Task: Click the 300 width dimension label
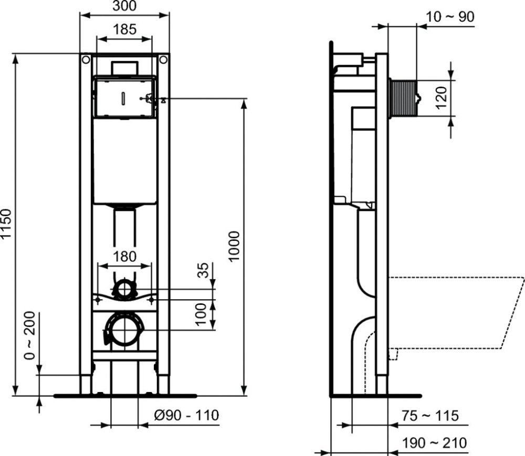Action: pyautogui.click(x=124, y=6)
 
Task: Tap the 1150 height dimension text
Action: pyautogui.click(x=6, y=225)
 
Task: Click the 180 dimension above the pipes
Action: pyautogui.click(x=125, y=257)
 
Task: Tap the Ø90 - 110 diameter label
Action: pyautogui.click(x=186, y=416)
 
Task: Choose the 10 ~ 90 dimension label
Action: pyautogui.click(x=450, y=17)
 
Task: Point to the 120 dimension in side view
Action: pyautogui.click(x=441, y=98)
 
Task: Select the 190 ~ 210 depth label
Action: pyautogui.click(x=434, y=443)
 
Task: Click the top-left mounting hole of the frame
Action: pyautogui.click(x=85, y=59)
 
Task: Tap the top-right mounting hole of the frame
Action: pyautogui.click(x=164, y=59)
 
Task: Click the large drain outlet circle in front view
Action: pyautogui.click(x=124, y=330)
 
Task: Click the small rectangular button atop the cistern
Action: pyautogui.click(x=124, y=68)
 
